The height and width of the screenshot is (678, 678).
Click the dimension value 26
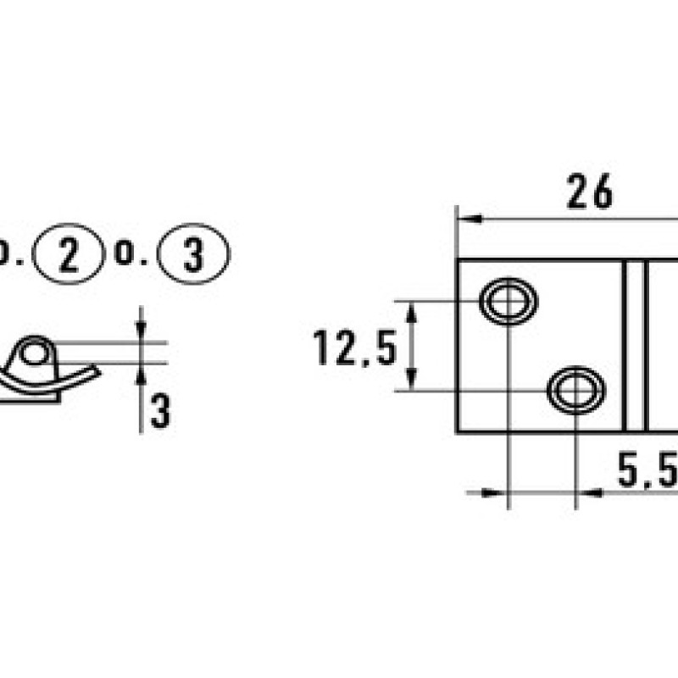[589, 192]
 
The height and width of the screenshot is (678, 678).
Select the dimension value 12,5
[354, 347]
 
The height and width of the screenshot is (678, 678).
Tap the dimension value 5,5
[647, 470]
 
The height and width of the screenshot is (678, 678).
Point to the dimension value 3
[161, 410]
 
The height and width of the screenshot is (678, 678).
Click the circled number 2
[69, 253]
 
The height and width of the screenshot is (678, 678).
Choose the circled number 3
[193, 253]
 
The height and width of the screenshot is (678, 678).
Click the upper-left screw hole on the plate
[508, 302]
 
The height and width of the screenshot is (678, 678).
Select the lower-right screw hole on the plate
[576, 391]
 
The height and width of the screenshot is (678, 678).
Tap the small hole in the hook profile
[34, 353]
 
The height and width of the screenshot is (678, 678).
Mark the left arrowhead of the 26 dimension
[470, 220]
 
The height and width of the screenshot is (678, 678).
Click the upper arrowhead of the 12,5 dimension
[412, 313]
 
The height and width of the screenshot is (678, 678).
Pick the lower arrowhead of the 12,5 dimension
[412, 379]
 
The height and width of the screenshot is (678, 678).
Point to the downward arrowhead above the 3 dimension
[141, 331]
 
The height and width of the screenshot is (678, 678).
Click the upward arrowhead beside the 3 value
[141, 375]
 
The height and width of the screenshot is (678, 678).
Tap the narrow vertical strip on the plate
[635, 346]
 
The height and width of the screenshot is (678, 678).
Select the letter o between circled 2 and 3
[125, 253]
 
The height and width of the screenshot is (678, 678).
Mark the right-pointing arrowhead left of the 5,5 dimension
[493, 492]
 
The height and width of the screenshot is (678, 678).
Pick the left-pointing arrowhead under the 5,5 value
[590, 492]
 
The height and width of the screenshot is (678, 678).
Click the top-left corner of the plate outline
[458, 260]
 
